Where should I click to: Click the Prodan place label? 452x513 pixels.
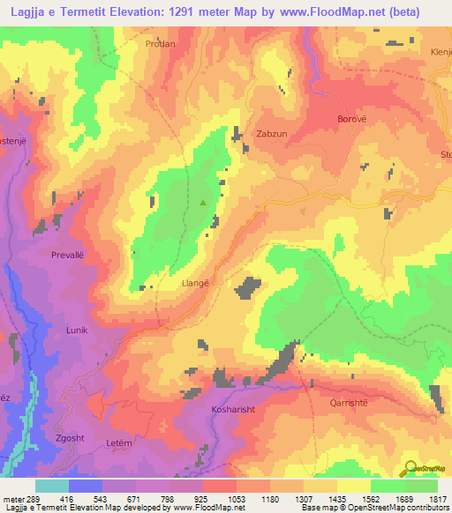(162, 43)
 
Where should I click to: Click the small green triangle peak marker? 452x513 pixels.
(205, 203)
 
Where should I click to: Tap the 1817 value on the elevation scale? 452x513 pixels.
(436, 498)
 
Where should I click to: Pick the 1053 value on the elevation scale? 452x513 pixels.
(237, 498)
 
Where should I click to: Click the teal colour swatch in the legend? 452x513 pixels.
(51, 485)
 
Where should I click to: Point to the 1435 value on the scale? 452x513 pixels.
(336, 498)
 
